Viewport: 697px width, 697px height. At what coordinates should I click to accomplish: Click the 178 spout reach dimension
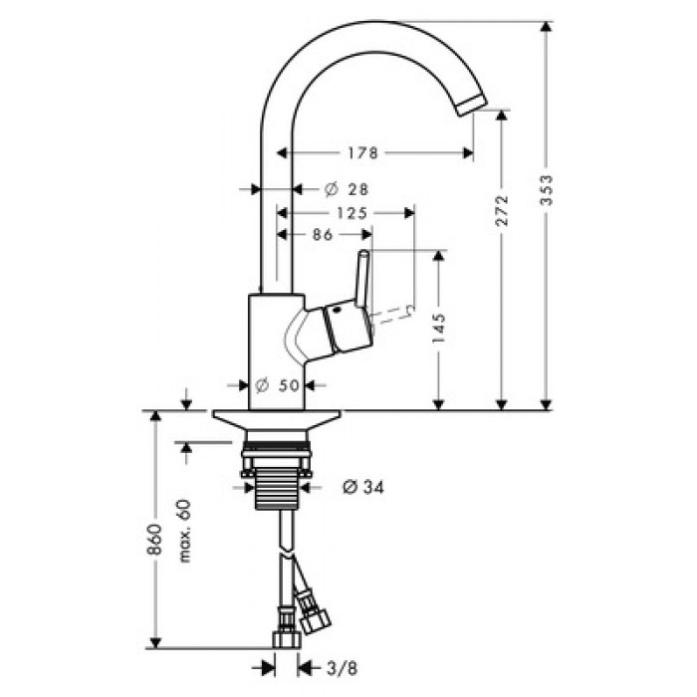pos(362,153)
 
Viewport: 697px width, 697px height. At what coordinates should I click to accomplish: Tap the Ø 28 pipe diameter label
pos(347,190)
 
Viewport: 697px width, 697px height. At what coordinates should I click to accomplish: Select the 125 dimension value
pos(352,213)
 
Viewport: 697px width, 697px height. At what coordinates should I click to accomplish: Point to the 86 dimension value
pos(323,234)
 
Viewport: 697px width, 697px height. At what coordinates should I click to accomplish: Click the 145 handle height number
pos(439,328)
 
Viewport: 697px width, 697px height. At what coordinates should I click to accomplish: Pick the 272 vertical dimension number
pos(502,210)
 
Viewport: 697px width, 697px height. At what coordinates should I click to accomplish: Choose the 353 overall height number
pos(547,190)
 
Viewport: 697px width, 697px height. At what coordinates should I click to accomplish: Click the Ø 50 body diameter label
pos(278,385)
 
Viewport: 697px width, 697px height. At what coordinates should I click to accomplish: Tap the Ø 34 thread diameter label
pos(363,487)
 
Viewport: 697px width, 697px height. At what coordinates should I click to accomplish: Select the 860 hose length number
pos(154,539)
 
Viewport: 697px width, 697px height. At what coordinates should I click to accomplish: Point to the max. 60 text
pos(185,531)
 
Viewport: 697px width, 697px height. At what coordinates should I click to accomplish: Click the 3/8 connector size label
pos(342,668)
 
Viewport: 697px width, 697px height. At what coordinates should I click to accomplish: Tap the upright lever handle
pos(361,279)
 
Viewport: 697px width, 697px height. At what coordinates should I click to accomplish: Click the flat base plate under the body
pos(277,420)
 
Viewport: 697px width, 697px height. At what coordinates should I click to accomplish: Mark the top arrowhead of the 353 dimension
pos(547,26)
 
